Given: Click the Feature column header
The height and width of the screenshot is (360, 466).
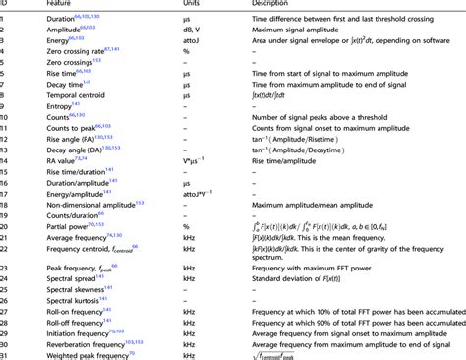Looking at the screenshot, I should [60, 5].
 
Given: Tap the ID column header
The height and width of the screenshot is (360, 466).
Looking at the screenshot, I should [5, 5].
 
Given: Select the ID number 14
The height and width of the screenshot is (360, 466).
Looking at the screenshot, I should [6, 160].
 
